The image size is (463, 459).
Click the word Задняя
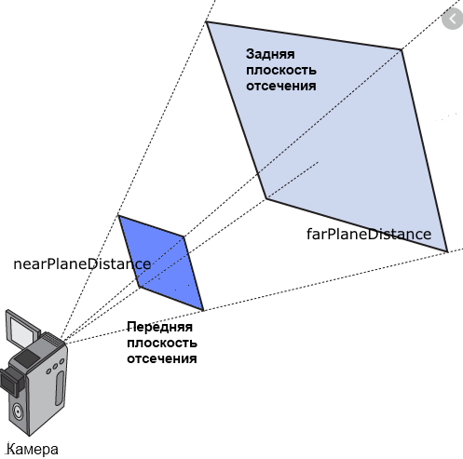click(270, 54)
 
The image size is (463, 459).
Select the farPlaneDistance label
click(369, 234)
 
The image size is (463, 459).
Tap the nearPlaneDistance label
click(82, 264)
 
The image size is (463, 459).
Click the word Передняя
click(160, 327)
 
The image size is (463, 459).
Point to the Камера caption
click(33, 449)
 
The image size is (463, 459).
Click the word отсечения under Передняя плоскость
click(162, 358)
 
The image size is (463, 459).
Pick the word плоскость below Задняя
click(281, 71)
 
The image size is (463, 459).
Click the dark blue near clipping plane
click(160, 263)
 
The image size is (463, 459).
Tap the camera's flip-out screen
click(22, 329)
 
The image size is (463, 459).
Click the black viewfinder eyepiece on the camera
click(12, 381)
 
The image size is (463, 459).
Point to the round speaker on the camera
click(18, 412)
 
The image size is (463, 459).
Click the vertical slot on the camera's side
click(60, 387)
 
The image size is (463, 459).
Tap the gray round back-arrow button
click(452, 20)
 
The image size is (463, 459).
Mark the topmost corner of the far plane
click(206, 21)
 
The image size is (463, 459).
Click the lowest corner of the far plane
click(447, 251)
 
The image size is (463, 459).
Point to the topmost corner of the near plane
click(118, 215)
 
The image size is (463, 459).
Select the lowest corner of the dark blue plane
click(203, 310)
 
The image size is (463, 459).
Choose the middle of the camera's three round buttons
click(55, 367)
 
